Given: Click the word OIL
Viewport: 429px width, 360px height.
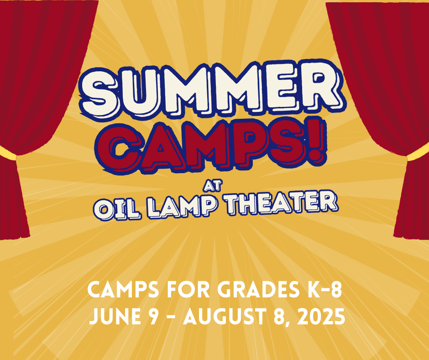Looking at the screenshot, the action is pyautogui.click(x=117, y=210).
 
